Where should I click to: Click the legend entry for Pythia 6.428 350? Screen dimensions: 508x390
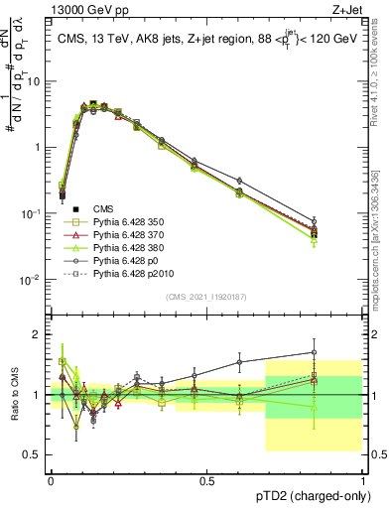pos(123,222)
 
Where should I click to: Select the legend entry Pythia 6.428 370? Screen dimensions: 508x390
pos(123,234)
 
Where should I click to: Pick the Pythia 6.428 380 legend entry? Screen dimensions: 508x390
pos(123,247)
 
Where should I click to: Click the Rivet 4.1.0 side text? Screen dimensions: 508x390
pos(381,69)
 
